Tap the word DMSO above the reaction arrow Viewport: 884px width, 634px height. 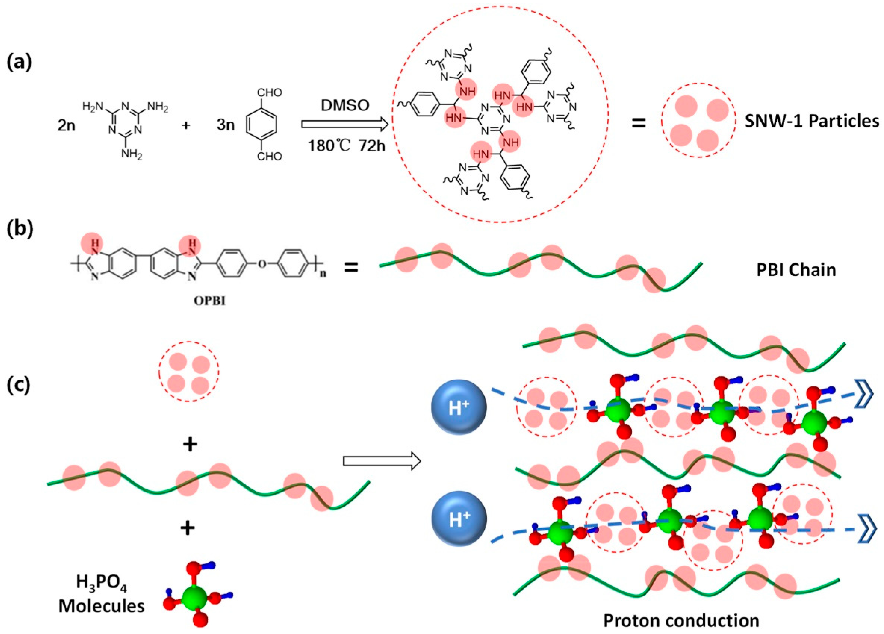(x=345, y=105)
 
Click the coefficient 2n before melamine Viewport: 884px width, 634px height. (x=66, y=126)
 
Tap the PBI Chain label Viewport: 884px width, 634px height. (x=796, y=270)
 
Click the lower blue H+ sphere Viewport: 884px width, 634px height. (x=458, y=519)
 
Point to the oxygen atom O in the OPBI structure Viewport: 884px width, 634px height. (x=263, y=264)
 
